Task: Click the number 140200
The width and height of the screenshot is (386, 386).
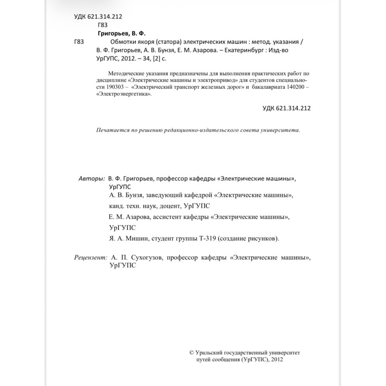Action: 293,87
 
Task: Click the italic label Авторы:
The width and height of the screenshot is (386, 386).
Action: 91,178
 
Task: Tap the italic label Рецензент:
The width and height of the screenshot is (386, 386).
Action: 91,258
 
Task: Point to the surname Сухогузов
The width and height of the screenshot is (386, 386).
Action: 146,258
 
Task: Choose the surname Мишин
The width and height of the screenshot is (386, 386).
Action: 137,238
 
